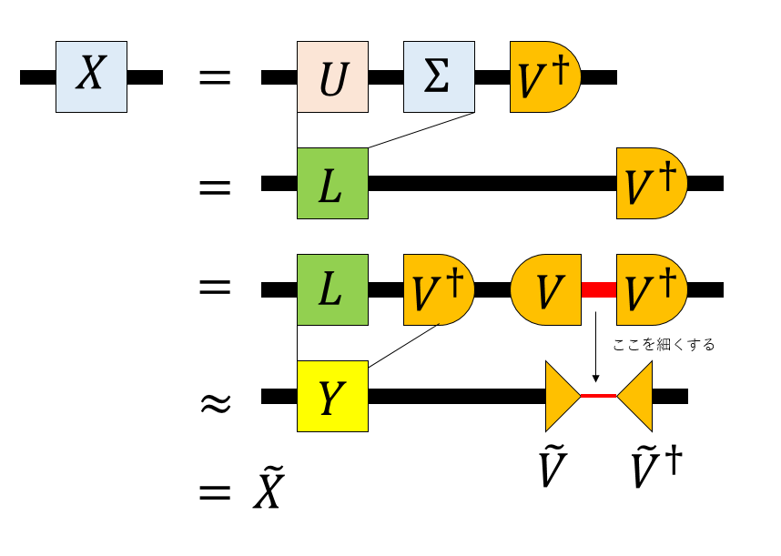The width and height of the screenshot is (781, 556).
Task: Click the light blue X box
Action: click(x=91, y=76)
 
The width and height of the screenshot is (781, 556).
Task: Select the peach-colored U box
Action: click(x=332, y=76)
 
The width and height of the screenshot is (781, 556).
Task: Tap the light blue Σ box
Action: click(x=440, y=76)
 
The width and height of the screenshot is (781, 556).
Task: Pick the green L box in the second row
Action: click(x=332, y=183)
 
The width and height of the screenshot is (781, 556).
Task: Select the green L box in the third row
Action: click(x=332, y=289)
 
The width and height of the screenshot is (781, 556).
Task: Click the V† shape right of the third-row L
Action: click(x=438, y=289)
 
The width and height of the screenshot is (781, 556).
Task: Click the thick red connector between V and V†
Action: click(x=599, y=289)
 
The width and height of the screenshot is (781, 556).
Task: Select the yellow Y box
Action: click(x=332, y=396)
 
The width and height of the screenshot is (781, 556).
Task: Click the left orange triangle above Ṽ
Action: click(x=560, y=396)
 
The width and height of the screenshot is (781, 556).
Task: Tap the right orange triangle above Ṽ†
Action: click(x=637, y=396)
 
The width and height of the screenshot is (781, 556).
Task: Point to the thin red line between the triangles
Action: click(x=599, y=396)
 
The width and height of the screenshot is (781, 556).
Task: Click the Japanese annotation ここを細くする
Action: click(x=664, y=344)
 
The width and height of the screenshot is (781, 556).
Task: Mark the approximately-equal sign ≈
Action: click(x=215, y=400)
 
